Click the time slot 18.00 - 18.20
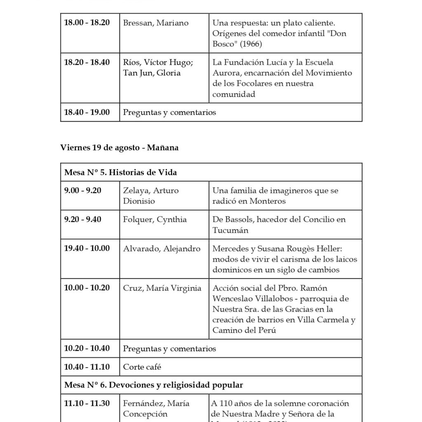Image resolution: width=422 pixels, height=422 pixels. tap(87, 23)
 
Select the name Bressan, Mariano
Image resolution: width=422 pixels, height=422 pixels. tap(155, 23)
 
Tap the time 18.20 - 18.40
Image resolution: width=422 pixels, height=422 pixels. tap(87, 63)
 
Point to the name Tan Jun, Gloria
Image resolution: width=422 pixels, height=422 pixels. tap(152, 73)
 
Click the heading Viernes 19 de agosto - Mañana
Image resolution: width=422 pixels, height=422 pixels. tap(120, 148)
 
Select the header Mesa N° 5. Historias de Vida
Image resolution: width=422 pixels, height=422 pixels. tap(120, 173)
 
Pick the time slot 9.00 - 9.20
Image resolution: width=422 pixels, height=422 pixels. tap(82, 190)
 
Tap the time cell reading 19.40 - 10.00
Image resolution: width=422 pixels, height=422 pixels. tap(87, 249)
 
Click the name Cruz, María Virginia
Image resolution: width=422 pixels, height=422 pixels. tap(162, 288)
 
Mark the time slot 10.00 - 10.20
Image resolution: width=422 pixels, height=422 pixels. tap(87, 288)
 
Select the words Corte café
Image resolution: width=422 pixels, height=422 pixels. tap(142, 367)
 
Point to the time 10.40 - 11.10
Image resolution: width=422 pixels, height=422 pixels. tap(87, 367)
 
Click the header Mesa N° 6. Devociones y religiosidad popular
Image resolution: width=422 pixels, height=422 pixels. tap(153, 385)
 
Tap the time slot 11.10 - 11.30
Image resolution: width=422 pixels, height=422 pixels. tap(87, 403)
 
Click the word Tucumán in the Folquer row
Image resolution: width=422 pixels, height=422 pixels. tap(230, 230)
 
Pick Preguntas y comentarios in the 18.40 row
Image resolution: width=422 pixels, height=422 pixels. tap(169, 113)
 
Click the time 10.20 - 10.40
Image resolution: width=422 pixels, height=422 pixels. tap(87, 349)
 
